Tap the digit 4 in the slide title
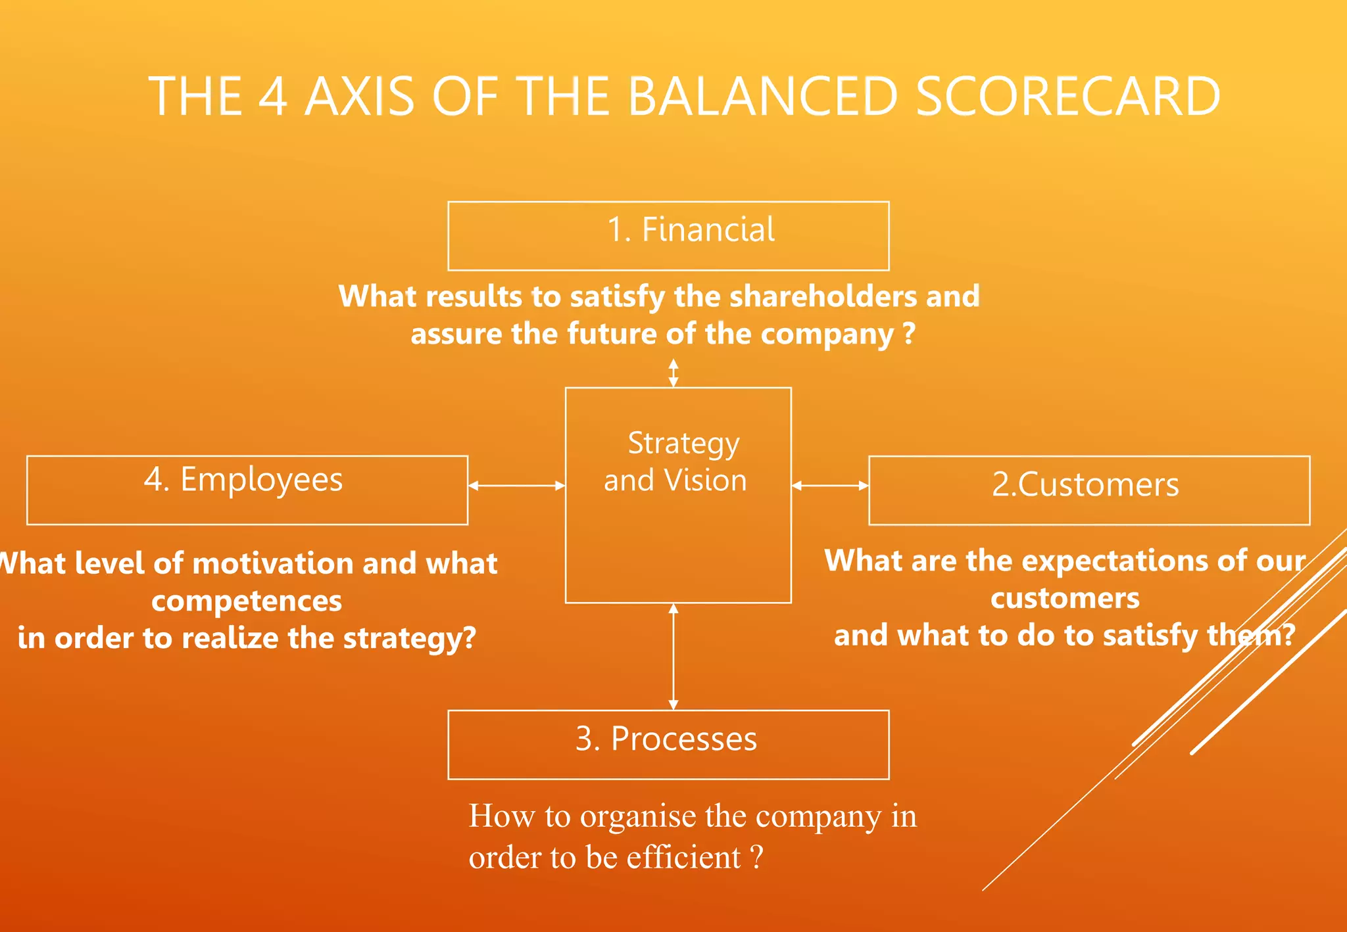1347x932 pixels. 273,97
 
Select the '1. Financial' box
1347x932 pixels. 668,236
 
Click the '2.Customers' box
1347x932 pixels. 1089,490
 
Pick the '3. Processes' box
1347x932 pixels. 668,744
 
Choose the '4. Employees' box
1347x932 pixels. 247,490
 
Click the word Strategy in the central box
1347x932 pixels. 683,444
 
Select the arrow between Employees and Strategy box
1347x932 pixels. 516,486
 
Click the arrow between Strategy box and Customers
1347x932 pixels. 829,486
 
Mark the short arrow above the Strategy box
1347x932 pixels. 673,373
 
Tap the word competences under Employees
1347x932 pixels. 247,601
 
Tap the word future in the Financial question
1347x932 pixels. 613,334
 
